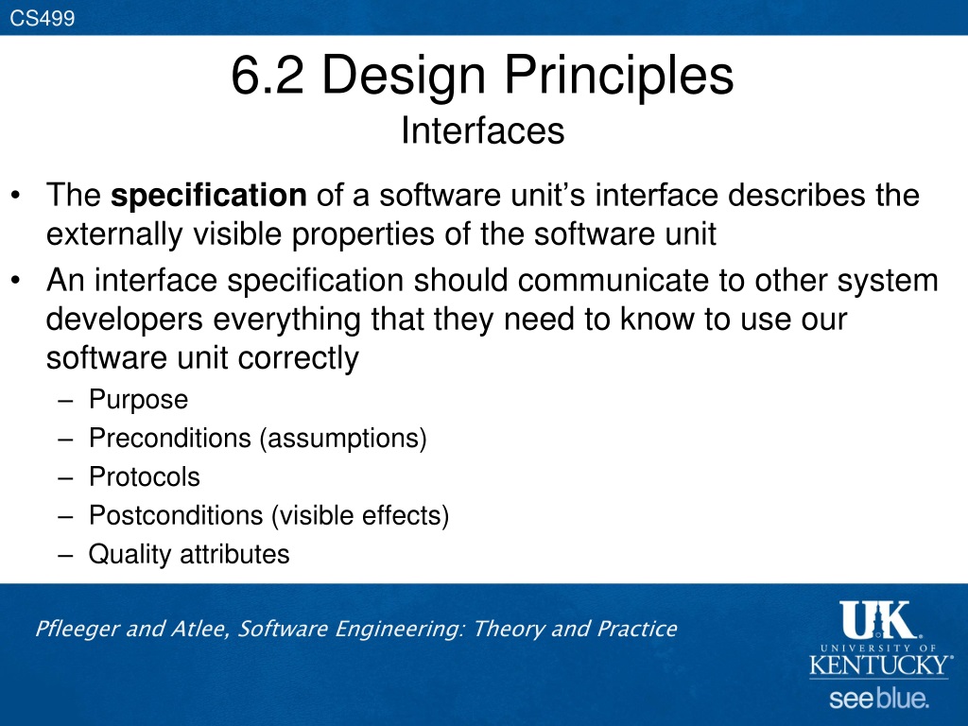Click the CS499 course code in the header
(x=42, y=18)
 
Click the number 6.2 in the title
(x=268, y=75)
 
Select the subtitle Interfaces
(x=483, y=130)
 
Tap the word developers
(x=125, y=320)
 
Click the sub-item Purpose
(x=138, y=400)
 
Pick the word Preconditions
(x=170, y=439)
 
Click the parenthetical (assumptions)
(x=343, y=439)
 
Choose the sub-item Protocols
(x=145, y=476)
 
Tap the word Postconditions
(x=176, y=515)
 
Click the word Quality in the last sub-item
(x=130, y=555)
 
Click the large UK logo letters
(x=878, y=620)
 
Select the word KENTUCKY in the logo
(x=880, y=665)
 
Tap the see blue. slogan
(x=879, y=699)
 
